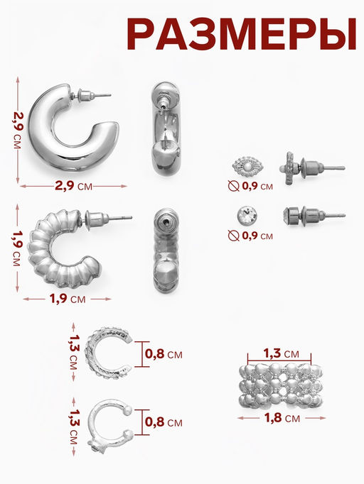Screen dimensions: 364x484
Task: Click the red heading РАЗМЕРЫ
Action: pos(242,34)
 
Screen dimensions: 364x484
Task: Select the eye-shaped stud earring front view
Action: pos(247,167)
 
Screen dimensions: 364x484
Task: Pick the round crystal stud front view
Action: pos(247,216)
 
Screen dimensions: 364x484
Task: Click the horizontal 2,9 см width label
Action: pos(74,186)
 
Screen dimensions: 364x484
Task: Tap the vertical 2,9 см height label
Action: pos(18,130)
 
